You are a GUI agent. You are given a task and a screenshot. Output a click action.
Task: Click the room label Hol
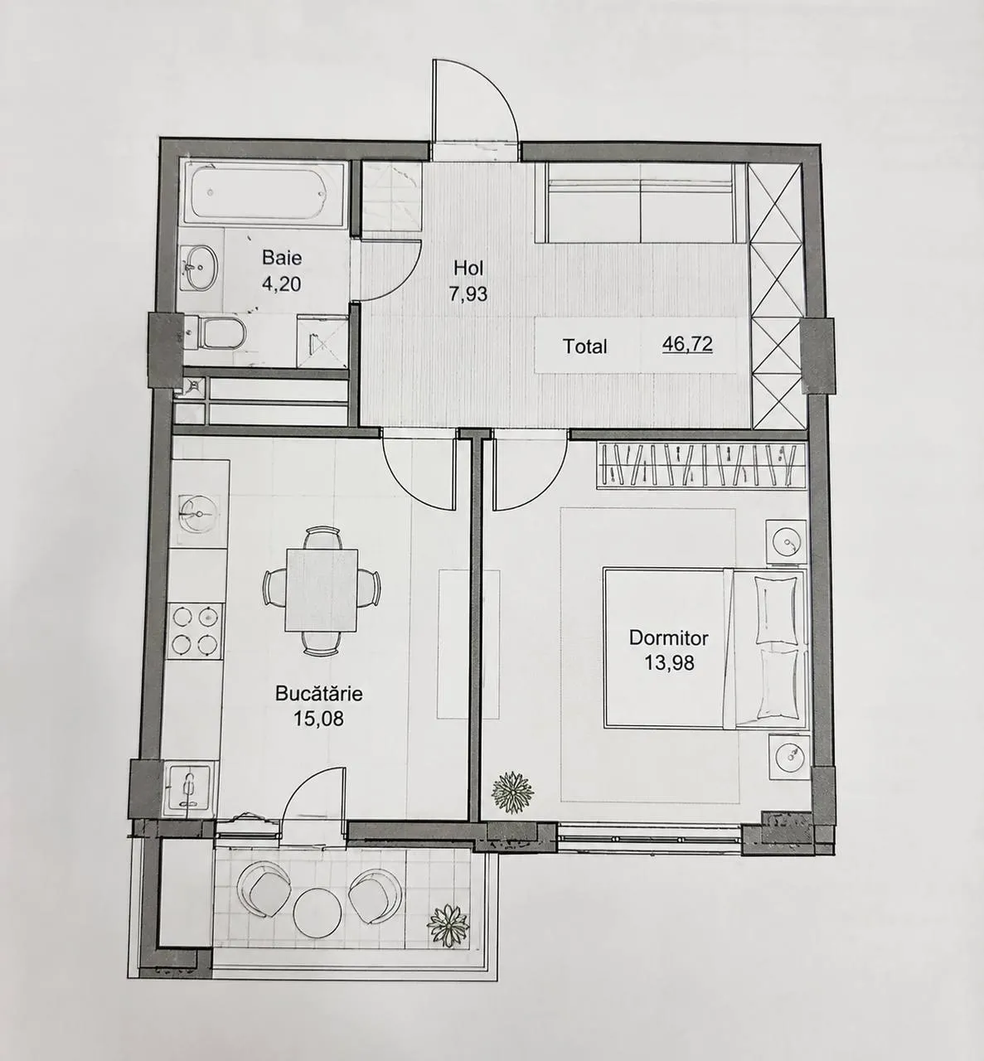(x=468, y=267)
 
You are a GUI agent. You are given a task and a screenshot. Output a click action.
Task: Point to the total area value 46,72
(x=687, y=345)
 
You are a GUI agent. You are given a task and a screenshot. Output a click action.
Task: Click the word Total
(x=584, y=346)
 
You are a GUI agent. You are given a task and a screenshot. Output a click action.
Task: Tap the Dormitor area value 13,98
(x=669, y=663)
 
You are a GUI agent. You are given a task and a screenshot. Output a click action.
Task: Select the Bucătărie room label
(x=319, y=694)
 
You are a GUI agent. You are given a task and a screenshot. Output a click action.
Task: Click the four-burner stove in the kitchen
(x=195, y=631)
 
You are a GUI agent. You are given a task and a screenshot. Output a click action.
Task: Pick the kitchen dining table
(x=322, y=590)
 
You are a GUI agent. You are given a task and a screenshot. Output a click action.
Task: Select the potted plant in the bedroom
(x=512, y=792)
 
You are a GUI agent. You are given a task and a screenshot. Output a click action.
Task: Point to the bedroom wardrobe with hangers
(x=700, y=465)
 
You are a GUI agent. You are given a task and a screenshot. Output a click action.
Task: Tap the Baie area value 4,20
(x=281, y=283)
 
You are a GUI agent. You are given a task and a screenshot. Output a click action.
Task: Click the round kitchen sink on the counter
(x=199, y=513)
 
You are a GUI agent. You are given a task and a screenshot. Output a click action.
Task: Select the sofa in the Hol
(x=640, y=202)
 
